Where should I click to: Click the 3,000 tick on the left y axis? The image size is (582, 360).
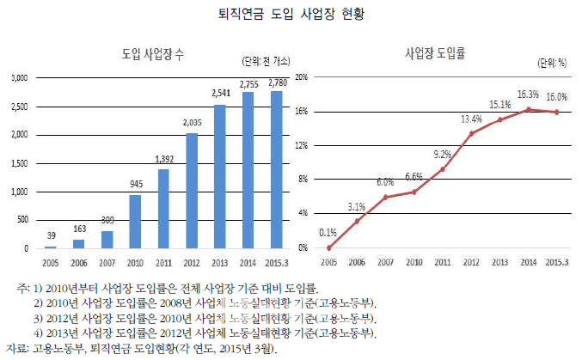(x=19, y=77)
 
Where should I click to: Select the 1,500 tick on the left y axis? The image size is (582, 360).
(x=19, y=163)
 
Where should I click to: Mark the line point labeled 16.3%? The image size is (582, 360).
(x=529, y=109)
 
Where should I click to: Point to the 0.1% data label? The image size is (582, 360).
(x=328, y=232)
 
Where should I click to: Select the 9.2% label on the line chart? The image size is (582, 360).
(x=441, y=155)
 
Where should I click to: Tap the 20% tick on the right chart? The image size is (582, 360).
(x=301, y=77)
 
